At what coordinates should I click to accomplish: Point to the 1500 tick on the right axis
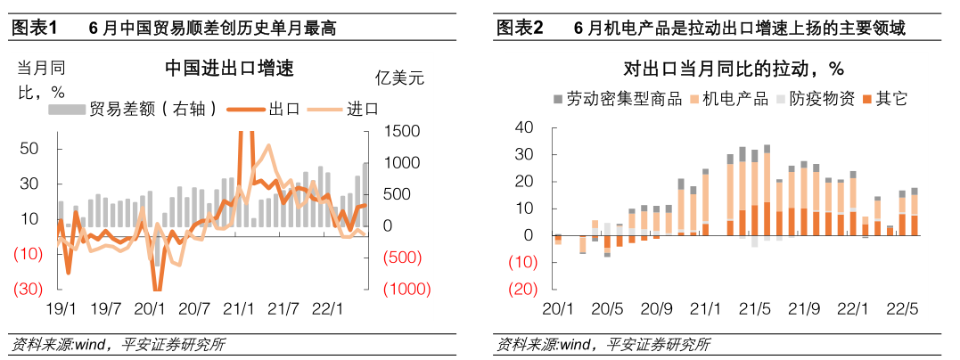(403, 131)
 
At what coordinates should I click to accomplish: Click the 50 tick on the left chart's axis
(29, 149)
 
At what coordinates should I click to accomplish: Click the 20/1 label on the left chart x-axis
(150, 309)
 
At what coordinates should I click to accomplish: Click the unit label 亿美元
(400, 78)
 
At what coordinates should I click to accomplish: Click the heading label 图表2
(520, 29)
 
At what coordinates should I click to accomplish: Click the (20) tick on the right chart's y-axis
(522, 290)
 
